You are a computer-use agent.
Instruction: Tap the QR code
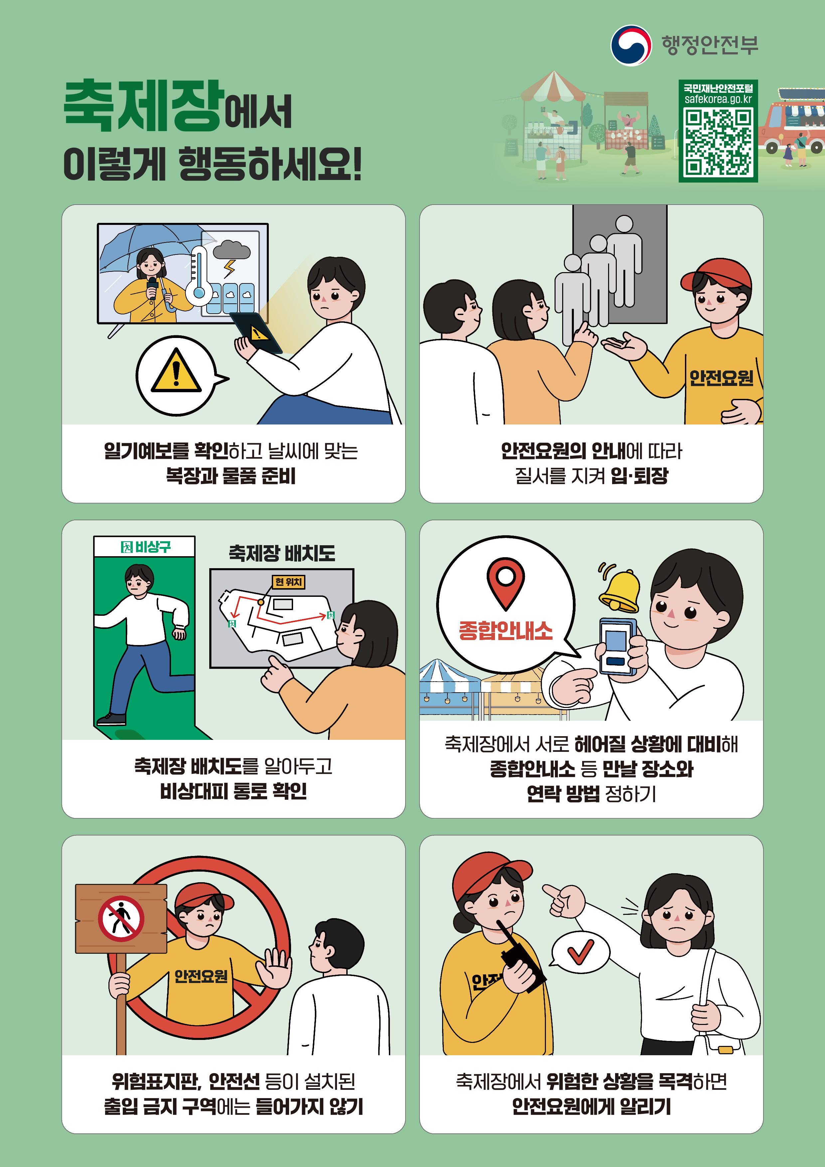[x=718, y=142]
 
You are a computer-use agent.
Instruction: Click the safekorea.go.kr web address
[x=718, y=99]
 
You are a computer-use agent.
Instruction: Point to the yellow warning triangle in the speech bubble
[x=176, y=370]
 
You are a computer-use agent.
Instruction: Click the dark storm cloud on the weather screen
[x=232, y=250]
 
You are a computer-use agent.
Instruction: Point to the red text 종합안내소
[x=505, y=630]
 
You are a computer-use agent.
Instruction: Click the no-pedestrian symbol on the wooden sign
[x=121, y=918]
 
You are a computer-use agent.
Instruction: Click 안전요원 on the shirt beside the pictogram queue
[x=721, y=378]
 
